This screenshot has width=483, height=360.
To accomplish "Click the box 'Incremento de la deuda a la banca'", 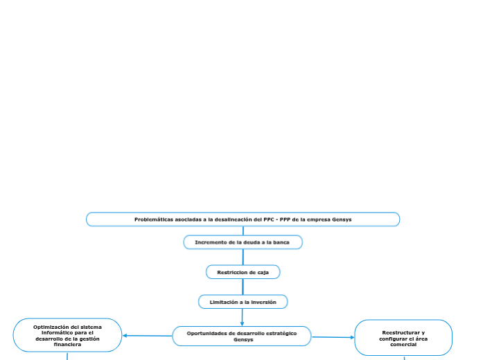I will [243, 242].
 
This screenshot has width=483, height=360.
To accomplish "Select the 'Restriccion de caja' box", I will [243, 272].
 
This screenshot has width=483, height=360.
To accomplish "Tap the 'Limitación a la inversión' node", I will [243, 302].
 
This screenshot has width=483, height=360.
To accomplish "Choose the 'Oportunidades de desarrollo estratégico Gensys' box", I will [242, 336].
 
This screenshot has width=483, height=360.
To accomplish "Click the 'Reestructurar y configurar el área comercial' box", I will [403, 338].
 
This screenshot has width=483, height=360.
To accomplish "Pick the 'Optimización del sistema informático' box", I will [67, 335].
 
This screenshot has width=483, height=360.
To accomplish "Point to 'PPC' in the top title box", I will [265, 219].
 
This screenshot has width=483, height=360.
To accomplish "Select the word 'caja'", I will [263, 272].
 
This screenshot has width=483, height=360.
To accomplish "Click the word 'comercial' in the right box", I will [403, 344].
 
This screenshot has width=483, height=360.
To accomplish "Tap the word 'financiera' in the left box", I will [67, 344].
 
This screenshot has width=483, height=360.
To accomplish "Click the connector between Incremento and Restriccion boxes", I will [243, 257].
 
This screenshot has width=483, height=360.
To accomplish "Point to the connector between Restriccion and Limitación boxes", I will [243, 287].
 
